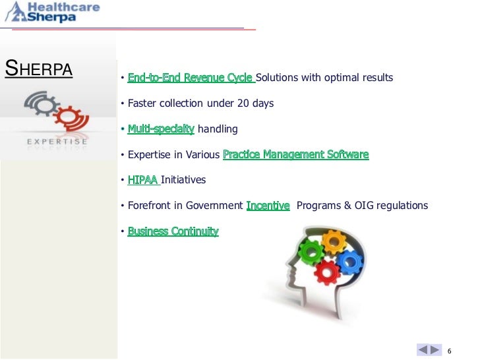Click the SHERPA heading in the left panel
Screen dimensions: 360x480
pyautogui.click(x=39, y=69)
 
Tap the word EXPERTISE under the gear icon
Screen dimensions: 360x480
pyautogui.click(x=58, y=141)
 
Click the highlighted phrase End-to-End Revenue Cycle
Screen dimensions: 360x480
pyautogui.click(x=191, y=78)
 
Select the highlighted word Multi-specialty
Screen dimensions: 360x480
pyautogui.click(x=161, y=129)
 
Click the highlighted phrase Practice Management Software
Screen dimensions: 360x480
pyautogui.click(x=296, y=155)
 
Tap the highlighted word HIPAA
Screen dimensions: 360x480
pyautogui.click(x=143, y=180)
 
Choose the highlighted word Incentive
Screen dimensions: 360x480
pyautogui.click(x=268, y=206)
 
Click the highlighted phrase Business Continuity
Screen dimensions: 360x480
pyautogui.click(x=173, y=231)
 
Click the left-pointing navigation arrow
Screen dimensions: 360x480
pyautogui.click(x=423, y=349)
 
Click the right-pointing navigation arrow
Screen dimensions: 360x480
pyautogui.click(x=435, y=349)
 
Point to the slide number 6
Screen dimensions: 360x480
pyautogui.click(x=450, y=349)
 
